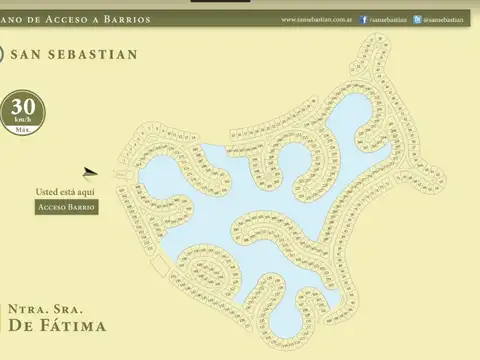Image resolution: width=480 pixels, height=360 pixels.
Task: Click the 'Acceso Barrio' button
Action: click(67, 207)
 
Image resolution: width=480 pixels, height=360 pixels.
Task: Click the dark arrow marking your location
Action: click(91, 173)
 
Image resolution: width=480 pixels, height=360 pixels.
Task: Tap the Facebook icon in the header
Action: click(363, 19)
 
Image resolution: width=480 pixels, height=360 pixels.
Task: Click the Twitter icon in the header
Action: click(416, 19)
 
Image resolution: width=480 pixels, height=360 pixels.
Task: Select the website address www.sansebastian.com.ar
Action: click(318, 19)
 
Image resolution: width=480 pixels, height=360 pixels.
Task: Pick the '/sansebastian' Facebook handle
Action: click(389, 19)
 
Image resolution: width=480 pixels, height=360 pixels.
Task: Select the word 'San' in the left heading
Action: click(36, 54)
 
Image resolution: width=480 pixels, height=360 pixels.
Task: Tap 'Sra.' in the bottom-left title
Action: click(68, 308)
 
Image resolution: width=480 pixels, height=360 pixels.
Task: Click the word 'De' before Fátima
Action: click(21, 326)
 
